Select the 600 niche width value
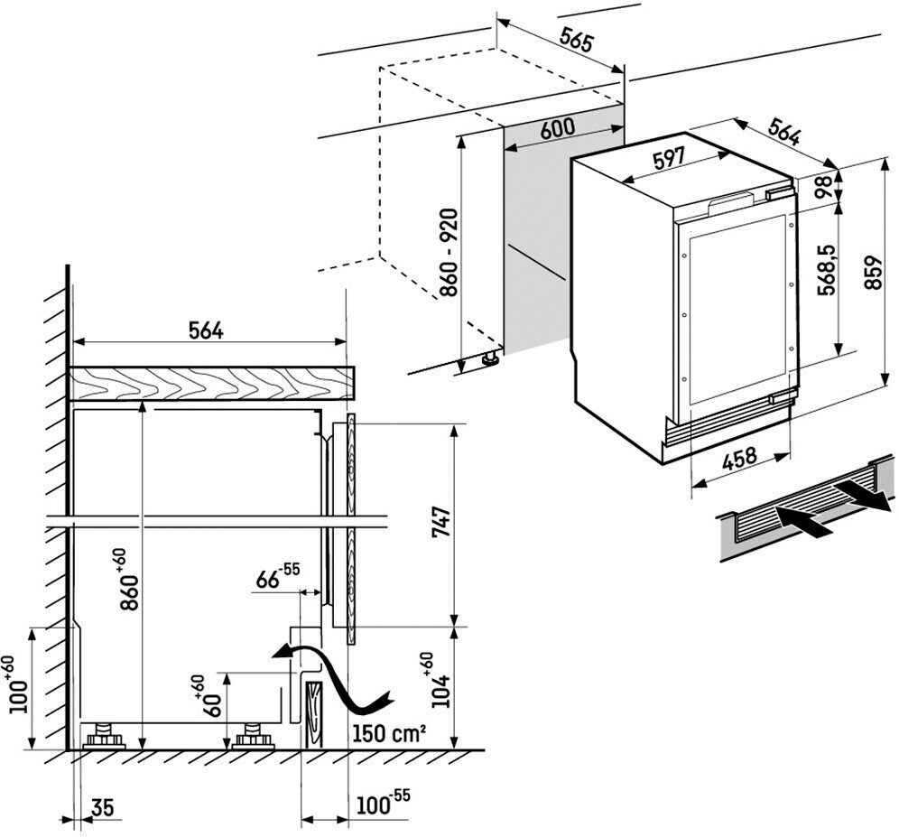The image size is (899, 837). point(557,128)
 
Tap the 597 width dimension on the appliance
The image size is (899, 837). point(669,159)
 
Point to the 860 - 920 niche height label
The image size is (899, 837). point(449,253)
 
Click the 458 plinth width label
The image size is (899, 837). point(739,459)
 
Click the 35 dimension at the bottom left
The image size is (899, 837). point(102,806)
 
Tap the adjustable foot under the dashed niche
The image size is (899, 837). point(491,358)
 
